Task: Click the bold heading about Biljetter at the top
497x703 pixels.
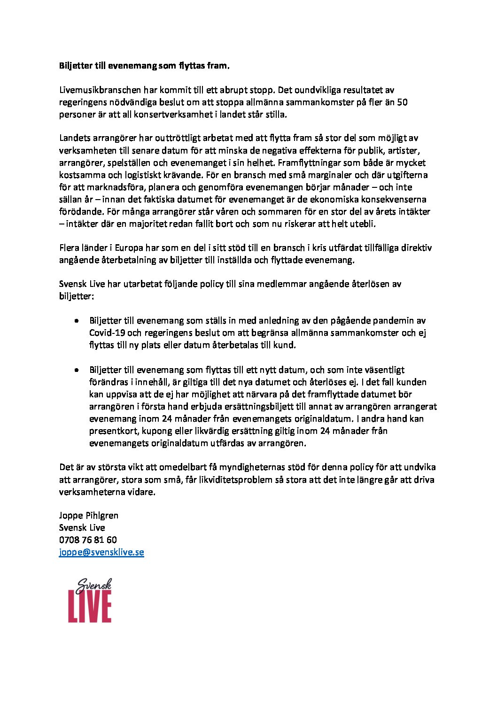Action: [145, 66]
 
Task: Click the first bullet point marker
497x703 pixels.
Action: [76, 321]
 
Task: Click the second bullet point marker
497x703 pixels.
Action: [76, 370]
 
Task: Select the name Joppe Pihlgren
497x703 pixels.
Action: [89, 516]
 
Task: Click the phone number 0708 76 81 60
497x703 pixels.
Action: [88, 540]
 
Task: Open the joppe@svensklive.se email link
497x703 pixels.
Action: [101, 552]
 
